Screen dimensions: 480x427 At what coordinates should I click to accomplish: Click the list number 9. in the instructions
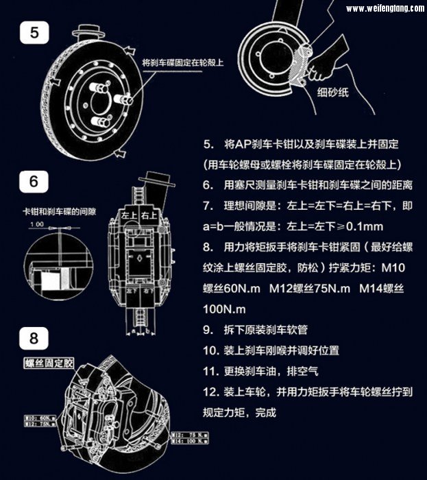click(208, 329)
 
